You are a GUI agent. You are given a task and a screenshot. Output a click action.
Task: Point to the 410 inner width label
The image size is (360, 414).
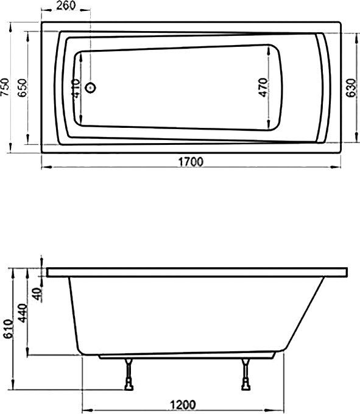click(x=75, y=89)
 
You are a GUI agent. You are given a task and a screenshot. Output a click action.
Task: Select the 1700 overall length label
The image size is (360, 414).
click(x=191, y=161)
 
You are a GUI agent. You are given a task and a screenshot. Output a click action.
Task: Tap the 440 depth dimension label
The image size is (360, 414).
click(x=22, y=312)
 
